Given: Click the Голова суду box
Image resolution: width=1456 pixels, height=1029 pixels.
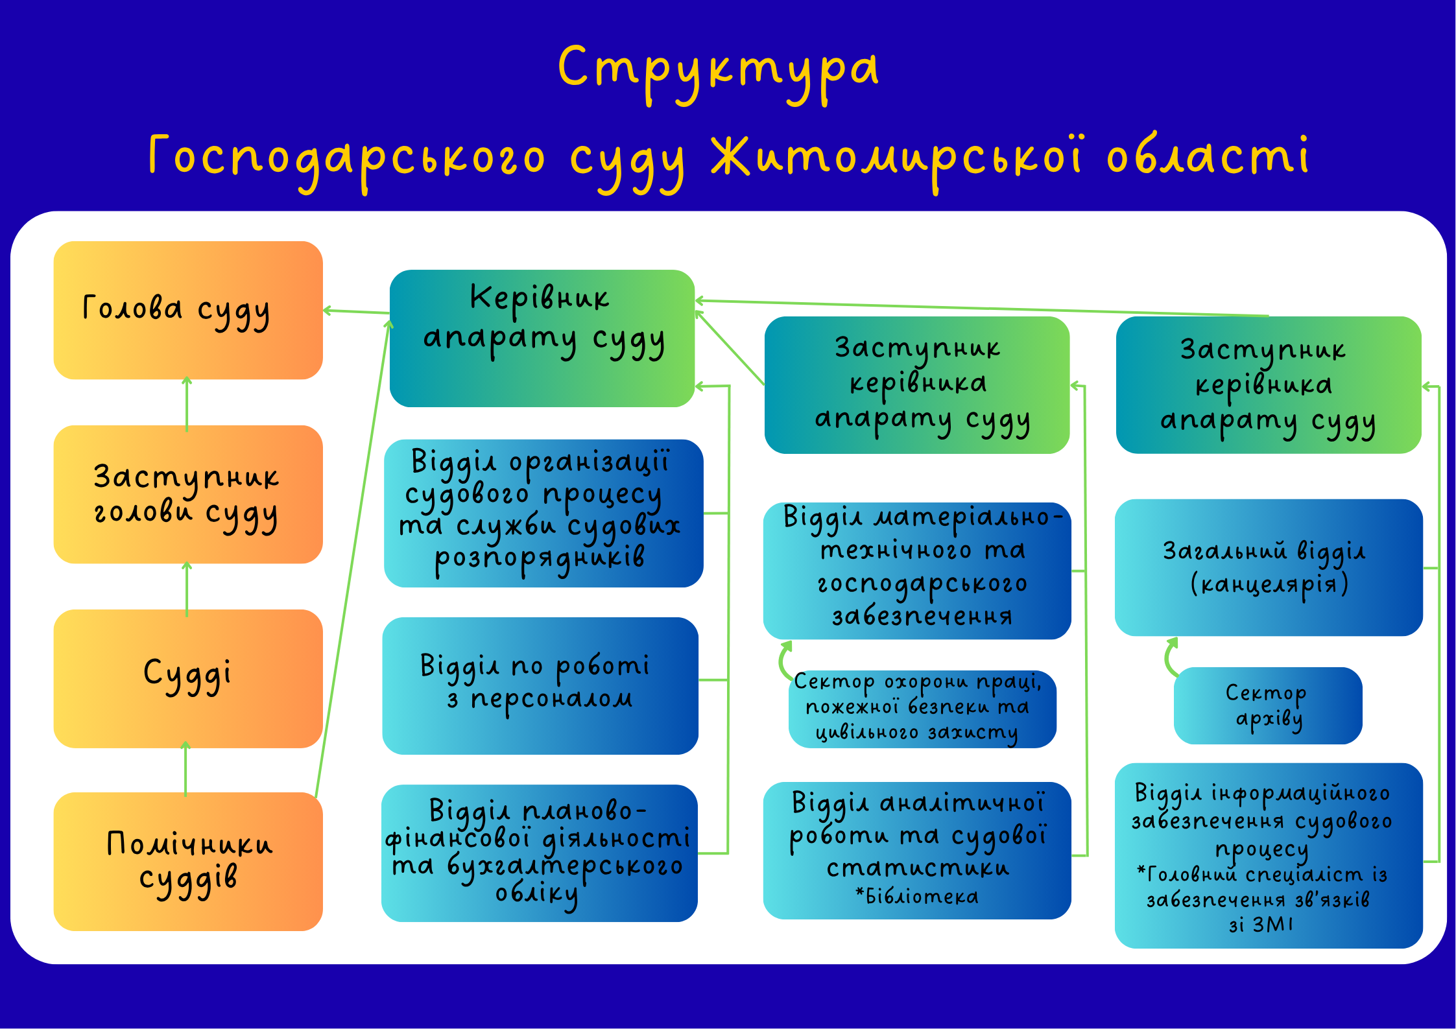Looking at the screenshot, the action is point(188,310).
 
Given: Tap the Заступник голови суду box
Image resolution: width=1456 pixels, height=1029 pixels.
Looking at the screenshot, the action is point(188,494).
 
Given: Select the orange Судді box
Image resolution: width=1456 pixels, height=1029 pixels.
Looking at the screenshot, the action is point(188,678).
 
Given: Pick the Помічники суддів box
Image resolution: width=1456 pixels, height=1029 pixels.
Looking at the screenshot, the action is point(188,861).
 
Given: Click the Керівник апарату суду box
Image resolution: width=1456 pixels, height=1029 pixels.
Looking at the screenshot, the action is point(542,338).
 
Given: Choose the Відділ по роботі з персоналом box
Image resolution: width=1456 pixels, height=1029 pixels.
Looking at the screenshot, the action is point(540,685).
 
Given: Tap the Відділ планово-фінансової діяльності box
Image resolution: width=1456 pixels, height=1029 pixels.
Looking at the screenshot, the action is point(540,853).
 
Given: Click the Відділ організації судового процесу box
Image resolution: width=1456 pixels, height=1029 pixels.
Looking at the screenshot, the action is point(543,513).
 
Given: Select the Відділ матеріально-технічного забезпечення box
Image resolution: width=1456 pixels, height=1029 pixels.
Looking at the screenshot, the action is point(917,571).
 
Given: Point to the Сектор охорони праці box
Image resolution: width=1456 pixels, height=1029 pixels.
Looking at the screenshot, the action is point(922,709).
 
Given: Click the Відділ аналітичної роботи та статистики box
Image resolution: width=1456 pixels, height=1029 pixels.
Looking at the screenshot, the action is point(917,850).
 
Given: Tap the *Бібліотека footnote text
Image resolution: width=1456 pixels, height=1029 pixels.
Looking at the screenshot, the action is point(917,896).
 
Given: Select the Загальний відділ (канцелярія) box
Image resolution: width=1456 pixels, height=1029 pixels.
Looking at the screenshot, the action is point(1269,567).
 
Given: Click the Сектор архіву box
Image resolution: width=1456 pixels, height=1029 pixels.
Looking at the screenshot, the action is point(1268,705).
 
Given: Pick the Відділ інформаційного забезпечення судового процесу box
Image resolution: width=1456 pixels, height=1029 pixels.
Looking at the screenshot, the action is point(1269,855).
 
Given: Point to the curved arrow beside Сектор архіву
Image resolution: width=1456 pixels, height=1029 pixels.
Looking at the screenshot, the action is point(1169,657).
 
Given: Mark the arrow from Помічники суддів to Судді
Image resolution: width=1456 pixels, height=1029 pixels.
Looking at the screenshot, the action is point(185,769).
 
